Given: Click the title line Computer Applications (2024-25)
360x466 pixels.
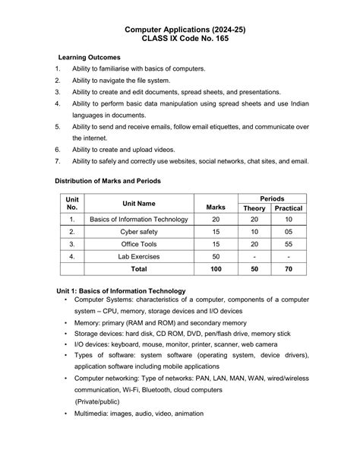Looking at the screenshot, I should [179, 29].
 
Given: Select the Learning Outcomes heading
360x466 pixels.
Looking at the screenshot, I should [89, 57].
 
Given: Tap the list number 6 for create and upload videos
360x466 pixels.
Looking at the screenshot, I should [58, 151].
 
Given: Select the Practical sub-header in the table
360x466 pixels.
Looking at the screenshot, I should [289, 208].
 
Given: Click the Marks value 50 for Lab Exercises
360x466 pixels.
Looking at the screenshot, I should [215, 256].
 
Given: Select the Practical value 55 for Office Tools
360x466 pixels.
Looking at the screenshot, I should [289, 243].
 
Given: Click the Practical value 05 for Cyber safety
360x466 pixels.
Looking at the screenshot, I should [289, 231].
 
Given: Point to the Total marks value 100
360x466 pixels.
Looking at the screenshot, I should [215, 269].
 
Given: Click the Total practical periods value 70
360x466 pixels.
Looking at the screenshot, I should [289, 269].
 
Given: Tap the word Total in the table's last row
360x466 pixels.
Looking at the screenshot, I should [139, 269].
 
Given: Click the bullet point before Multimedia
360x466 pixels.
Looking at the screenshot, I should [66, 414].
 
